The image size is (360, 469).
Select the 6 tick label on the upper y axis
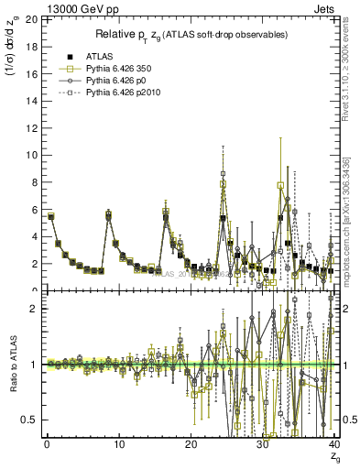click(33, 209)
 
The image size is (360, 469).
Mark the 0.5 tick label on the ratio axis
click(29, 420)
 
